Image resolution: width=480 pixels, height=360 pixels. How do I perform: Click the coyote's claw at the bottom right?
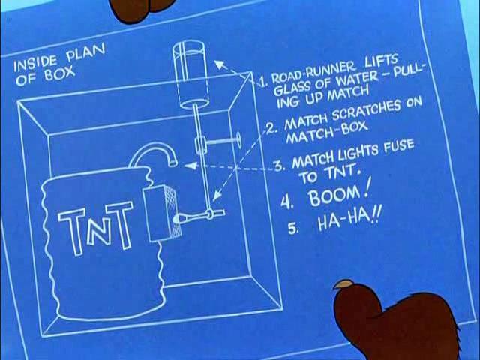point(344,285)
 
